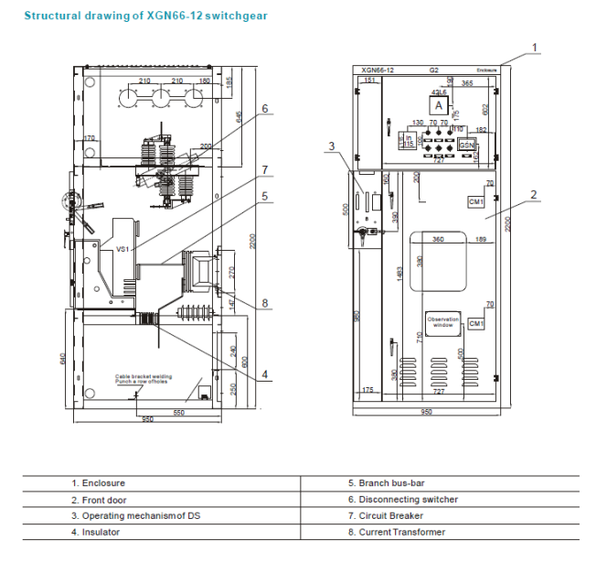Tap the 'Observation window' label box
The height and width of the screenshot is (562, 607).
(x=442, y=320)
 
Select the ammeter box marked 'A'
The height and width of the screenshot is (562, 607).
(x=440, y=107)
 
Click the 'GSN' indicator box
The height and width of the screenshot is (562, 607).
(x=467, y=145)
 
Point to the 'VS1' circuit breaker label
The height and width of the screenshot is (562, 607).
(x=122, y=248)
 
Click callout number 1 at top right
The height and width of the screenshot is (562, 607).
(x=536, y=47)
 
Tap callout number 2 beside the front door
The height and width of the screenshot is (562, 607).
(x=533, y=194)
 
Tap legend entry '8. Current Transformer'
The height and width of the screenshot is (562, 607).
(x=397, y=532)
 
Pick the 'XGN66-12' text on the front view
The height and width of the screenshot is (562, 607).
(x=378, y=70)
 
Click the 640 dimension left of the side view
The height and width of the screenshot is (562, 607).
(x=63, y=357)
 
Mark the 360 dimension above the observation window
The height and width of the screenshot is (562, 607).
(x=438, y=240)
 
